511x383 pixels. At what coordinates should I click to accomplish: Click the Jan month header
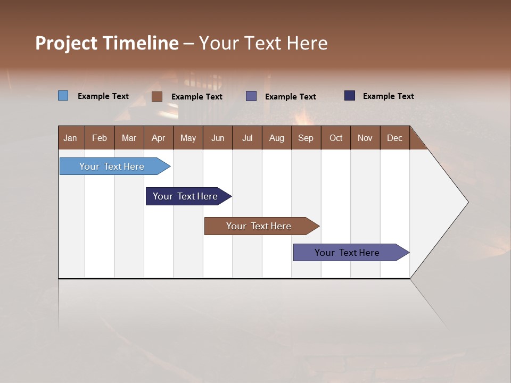(x=71, y=138)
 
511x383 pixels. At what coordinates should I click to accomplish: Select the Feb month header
(x=100, y=138)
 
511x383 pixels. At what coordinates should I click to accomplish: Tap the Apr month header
(x=159, y=138)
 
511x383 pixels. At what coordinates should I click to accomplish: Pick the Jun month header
(x=218, y=138)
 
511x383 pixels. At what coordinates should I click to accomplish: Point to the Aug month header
(x=277, y=138)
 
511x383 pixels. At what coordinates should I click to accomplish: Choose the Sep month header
(x=306, y=138)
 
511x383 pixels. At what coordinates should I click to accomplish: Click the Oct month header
(x=336, y=138)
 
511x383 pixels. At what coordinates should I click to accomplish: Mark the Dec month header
(x=395, y=138)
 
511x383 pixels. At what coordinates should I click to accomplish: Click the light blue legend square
(x=63, y=96)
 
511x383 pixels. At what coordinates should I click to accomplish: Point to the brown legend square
(x=157, y=96)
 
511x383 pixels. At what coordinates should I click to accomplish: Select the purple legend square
(x=251, y=96)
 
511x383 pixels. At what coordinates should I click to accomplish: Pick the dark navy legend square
(x=350, y=96)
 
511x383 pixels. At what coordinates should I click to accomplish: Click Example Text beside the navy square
(x=388, y=96)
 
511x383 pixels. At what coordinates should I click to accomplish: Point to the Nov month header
(x=365, y=138)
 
